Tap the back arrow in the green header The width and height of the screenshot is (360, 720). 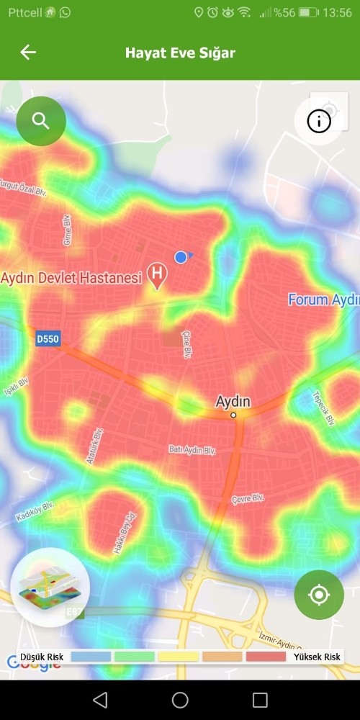click(x=28, y=53)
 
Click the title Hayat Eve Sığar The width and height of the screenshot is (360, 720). click(x=180, y=53)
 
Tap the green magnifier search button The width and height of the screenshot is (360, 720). click(x=41, y=121)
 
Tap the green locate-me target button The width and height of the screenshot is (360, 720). click(x=319, y=595)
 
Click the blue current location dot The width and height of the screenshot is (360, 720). click(x=181, y=257)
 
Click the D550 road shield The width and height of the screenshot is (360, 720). click(x=48, y=338)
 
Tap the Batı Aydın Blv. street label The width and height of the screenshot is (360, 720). click(x=192, y=450)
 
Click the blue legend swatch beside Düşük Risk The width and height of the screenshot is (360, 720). click(x=91, y=657)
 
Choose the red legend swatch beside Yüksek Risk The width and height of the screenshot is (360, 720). click(x=266, y=657)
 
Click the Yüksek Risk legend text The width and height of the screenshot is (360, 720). click(x=317, y=657)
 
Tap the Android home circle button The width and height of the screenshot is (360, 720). click(x=180, y=700)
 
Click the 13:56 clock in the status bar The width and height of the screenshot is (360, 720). click(x=338, y=13)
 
